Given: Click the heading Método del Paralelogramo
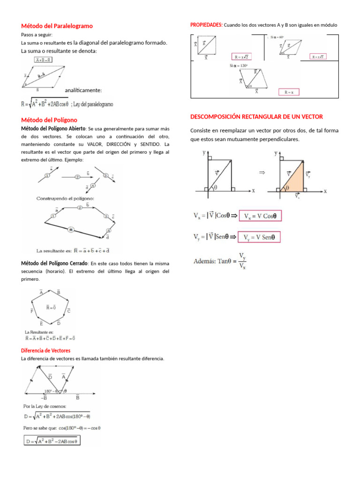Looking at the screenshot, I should tap(57, 26).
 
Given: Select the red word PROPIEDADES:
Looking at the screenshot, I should tap(207, 24).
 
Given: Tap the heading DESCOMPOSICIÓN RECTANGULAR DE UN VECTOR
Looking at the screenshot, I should tap(256, 116).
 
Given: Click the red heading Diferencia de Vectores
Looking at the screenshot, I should tap(46, 350).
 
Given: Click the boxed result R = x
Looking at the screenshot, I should tap(289, 92).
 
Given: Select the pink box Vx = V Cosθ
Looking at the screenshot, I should tap(260, 216).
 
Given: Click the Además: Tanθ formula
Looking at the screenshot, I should tap(221, 261).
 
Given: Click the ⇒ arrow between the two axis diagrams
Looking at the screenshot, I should tap(262, 172).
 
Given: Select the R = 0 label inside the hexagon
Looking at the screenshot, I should tap(51, 307).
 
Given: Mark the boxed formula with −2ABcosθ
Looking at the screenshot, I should tap(52, 441).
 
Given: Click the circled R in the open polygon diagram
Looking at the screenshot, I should tap(71, 230).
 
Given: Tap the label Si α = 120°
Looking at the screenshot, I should tap(239, 66).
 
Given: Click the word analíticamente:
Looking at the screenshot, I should tap(83, 90).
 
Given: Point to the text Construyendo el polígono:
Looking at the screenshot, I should tap(66, 198).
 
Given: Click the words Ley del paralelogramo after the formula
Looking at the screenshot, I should tap(94, 104).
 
